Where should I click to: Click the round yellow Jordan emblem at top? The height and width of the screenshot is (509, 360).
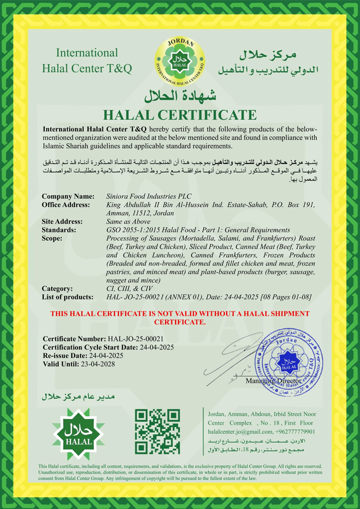click(180, 62)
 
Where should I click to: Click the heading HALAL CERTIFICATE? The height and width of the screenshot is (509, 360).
click(180, 115)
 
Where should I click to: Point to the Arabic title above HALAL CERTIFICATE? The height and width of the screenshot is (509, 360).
click(180, 94)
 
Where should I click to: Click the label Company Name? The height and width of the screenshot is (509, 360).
click(68, 196)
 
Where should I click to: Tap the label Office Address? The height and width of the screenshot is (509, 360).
click(66, 205)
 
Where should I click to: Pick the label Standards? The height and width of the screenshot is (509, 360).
click(59, 230)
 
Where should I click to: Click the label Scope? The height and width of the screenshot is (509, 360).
click(52, 239)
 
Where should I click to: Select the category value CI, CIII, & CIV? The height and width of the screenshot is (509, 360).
click(130, 289)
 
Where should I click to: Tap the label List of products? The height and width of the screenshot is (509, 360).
click(67, 297)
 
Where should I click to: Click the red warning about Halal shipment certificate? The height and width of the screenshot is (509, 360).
click(180, 318)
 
